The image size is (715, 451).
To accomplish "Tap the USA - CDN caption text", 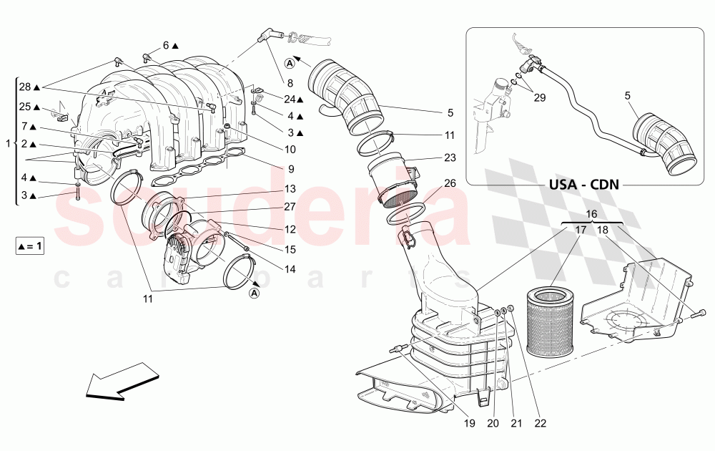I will (x=583, y=184).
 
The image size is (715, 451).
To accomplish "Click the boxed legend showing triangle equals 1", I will (x=29, y=246).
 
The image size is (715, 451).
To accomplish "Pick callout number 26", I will (x=449, y=183).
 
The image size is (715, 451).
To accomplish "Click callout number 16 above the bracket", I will (x=591, y=214).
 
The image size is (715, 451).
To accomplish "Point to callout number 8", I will (x=290, y=83).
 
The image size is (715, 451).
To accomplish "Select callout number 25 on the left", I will (x=25, y=107).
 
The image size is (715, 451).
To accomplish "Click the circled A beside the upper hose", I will (x=290, y=62).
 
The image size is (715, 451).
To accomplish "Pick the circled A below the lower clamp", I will (x=255, y=293).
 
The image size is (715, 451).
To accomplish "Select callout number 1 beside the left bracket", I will (x=7, y=144).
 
